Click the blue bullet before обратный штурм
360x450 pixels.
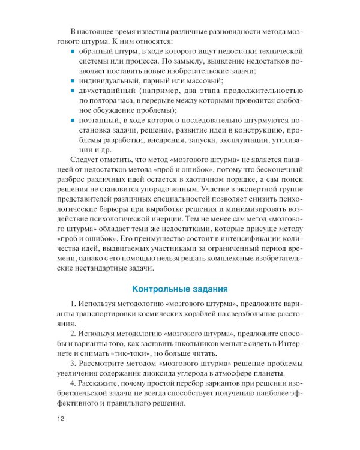[73, 52]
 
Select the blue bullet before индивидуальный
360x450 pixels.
[73, 80]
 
